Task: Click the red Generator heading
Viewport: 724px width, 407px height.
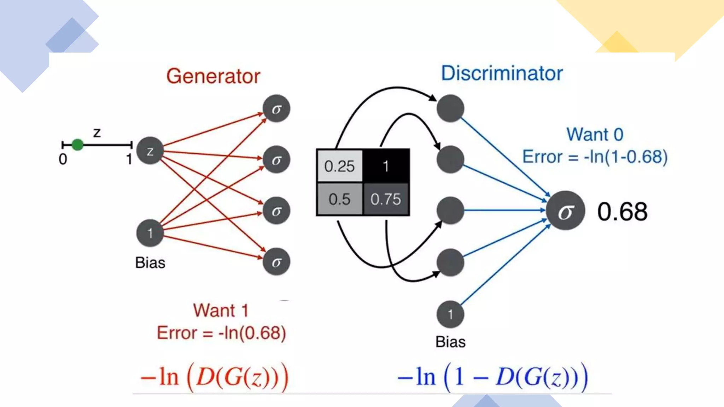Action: (x=213, y=76)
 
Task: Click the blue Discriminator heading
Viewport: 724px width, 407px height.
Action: (x=502, y=73)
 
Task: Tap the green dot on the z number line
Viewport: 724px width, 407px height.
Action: (x=77, y=144)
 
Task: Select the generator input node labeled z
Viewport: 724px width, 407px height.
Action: (x=150, y=151)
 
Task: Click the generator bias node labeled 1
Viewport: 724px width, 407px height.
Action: (x=150, y=233)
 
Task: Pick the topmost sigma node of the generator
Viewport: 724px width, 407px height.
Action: (x=276, y=108)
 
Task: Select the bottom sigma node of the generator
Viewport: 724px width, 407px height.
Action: (x=276, y=262)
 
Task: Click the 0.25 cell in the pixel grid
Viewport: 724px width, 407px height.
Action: (x=339, y=166)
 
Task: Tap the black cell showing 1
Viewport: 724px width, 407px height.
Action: (x=386, y=166)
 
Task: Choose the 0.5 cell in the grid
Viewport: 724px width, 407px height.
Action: (x=339, y=199)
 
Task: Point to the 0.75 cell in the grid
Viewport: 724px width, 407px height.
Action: (x=386, y=199)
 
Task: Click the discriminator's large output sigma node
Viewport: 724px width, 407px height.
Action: (x=565, y=211)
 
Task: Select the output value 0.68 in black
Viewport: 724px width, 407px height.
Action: (x=622, y=212)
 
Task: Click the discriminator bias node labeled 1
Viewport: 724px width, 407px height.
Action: (x=450, y=314)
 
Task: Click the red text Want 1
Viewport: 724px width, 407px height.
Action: (x=221, y=311)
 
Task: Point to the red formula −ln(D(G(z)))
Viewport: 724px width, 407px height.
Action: (x=215, y=377)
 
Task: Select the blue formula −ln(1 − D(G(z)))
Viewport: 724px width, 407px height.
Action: (x=493, y=377)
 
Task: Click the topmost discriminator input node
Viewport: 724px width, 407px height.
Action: (x=450, y=108)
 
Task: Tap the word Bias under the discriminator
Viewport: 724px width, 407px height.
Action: (x=450, y=342)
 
